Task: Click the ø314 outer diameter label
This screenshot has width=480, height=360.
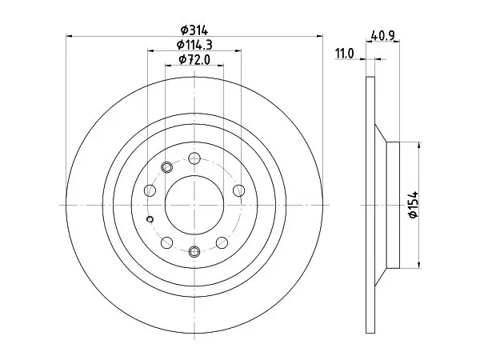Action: pyautogui.click(x=194, y=30)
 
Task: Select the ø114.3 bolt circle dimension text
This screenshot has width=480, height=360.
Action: pyautogui.click(x=194, y=45)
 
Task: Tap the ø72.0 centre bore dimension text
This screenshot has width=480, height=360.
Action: pyautogui.click(x=194, y=59)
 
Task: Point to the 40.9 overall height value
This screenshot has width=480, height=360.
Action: pyautogui.click(x=382, y=36)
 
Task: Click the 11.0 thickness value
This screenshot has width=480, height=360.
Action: pyautogui.click(x=345, y=54)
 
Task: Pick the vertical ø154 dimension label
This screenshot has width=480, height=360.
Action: pyautogui.click(x=414, y=205)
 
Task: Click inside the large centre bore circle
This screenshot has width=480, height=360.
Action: pyautogui.click(x=194, y=205)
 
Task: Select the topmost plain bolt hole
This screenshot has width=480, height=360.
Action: pyautogui.click(x=194, y=158)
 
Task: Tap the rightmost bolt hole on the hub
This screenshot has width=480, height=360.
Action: pyautogui.click(x=238, y=190)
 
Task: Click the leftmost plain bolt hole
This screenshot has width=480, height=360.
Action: pyautogui.click(x=150, y=190)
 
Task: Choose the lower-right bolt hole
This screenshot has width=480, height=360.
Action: pyautogui.click(x=222, y=242)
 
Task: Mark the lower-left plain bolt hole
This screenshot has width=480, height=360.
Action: pyautogui.click(x=167, y=242)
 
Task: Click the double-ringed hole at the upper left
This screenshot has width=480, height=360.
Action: pyautogui.click(x=167, y=167)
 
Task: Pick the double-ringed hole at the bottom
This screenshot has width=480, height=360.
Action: pyautogui.click(x=194, y=252)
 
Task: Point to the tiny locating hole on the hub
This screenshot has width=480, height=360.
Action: pyautogui.click(x=150, y=219)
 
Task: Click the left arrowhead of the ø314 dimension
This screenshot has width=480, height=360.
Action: pyautogui.click(x=69, y=36)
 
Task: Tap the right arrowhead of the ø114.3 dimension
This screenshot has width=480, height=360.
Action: pyautogui.click(x=238, y=50)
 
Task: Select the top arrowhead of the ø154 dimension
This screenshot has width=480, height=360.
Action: pyautogui.click(x=419, y=145)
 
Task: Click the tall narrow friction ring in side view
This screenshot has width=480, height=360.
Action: pyautogui.click(x=370, y=205)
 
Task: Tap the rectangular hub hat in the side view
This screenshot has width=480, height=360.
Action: pyautogui.click(x=393, y=205)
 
